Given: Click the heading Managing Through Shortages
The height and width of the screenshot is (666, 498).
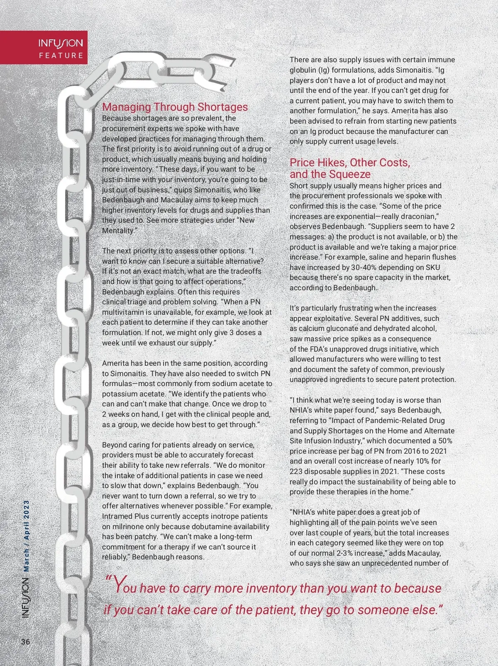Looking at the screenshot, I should point(175,107).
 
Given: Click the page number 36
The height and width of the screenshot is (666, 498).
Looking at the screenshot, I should point(26,642).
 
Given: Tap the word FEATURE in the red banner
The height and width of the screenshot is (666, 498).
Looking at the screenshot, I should point(61,56).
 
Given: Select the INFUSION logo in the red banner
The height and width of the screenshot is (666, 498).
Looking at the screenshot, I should point(61,43).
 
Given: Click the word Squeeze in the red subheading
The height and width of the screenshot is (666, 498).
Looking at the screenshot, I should point(351,174).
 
